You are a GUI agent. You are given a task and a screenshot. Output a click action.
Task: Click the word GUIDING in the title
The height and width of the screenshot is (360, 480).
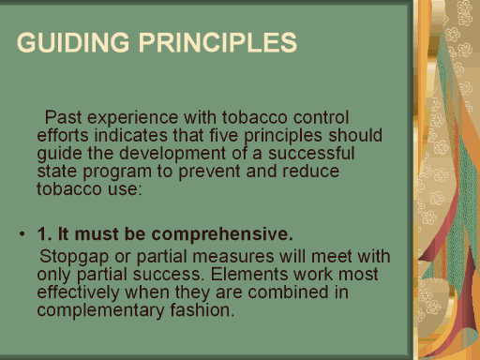coord(73,42)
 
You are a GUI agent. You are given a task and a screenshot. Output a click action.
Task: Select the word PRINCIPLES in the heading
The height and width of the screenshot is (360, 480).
coord(217,42)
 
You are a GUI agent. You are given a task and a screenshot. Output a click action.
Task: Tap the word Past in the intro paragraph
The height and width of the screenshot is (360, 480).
coord(64,117)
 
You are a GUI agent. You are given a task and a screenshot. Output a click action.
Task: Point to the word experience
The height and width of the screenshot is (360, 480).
coord(133,119)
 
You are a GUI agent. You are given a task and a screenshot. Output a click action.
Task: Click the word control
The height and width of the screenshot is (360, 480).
coord(321,117)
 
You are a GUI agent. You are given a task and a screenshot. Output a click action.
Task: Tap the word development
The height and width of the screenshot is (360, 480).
coord(172,155)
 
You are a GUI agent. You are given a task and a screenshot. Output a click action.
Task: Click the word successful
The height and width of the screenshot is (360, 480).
coord(311,154)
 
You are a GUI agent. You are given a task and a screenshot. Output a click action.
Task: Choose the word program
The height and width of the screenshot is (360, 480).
coord(117,172)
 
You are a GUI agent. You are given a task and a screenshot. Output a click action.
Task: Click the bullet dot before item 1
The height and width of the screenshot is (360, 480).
coord(22,233)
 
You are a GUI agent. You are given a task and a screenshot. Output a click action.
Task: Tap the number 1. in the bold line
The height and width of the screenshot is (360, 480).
coord(45,233)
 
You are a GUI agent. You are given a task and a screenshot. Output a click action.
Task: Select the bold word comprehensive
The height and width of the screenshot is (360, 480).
coord(222,235)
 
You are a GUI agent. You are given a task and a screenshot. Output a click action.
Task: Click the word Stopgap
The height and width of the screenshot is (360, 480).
coord(74,258)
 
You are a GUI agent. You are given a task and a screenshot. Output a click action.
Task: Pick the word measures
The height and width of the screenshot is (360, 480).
coord(233,257)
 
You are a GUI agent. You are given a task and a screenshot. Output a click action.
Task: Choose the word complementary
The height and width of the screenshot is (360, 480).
coord(100,311)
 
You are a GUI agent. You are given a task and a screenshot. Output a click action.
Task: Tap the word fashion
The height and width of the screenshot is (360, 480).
coord(202,310)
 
